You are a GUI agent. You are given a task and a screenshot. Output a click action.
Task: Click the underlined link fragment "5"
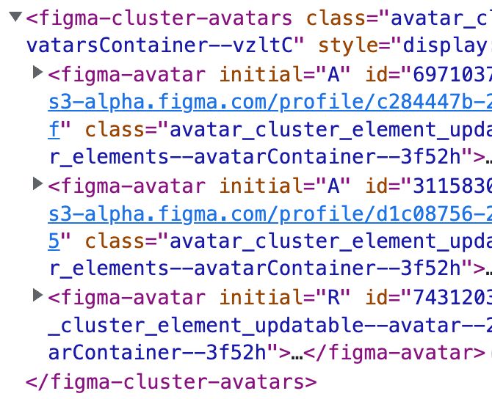click(x=55, y=241)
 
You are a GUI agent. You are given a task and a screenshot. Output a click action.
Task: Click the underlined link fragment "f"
click(x=55, y=130)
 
